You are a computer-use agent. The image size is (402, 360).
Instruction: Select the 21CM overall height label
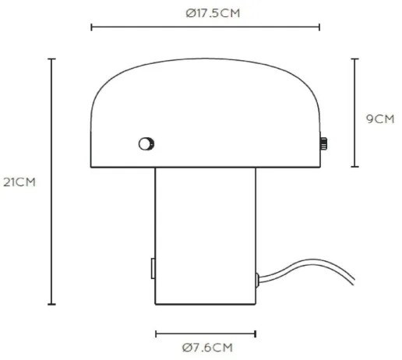point(19,182)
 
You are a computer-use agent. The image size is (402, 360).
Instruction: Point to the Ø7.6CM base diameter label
point(206,348)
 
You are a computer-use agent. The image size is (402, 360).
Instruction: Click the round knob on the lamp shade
point(145,143)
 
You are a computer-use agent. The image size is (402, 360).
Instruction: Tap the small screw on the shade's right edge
point(323,143)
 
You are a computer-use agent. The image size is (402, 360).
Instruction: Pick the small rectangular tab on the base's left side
point(153,268)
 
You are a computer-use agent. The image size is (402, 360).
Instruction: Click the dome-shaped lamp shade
point(206,109)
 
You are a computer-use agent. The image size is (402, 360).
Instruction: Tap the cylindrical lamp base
point(206,234)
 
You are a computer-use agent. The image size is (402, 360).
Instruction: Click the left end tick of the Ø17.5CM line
point(92,28)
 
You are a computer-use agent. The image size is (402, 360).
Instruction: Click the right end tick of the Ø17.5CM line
point(319,28)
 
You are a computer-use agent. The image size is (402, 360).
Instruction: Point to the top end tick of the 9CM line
point(355,59)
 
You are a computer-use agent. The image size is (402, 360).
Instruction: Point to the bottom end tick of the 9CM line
point(355,167)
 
